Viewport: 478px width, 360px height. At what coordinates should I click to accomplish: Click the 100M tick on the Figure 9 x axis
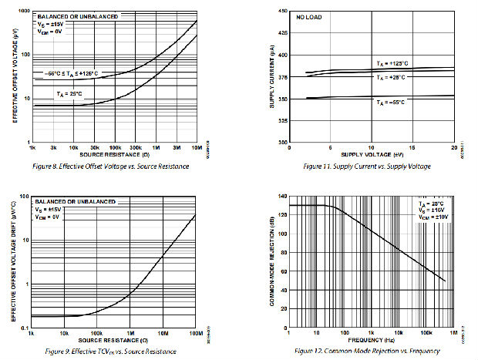195,334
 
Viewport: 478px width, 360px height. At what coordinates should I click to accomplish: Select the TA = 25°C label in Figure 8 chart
71,93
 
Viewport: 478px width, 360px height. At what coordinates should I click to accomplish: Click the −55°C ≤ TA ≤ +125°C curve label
70,72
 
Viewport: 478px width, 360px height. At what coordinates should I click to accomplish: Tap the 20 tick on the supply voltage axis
454,147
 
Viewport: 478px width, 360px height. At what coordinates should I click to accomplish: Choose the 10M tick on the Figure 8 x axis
197,147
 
